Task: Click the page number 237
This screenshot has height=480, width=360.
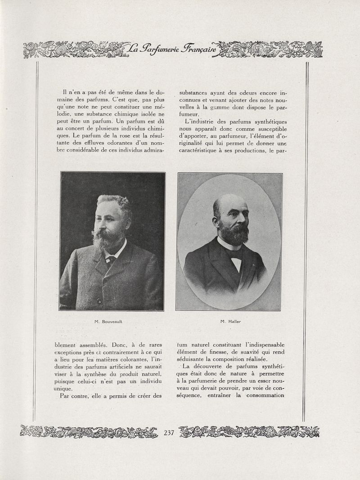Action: [169, 433]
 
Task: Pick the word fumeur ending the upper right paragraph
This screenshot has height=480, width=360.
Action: [189, 114]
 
